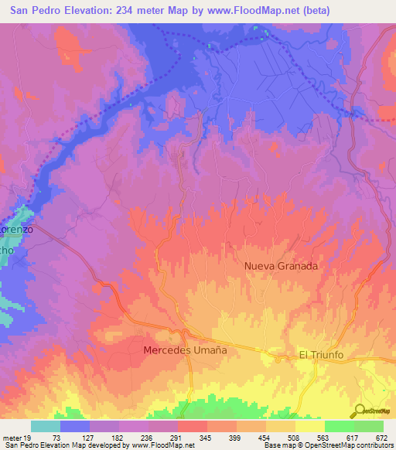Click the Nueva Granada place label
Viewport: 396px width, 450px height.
pos(281,265)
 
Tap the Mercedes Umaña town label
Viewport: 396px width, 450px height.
pos(186,350)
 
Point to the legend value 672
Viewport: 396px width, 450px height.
pos(382,437)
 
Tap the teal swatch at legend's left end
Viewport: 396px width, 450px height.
pos(46,426)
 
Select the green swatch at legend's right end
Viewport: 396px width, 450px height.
pos(369,426)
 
